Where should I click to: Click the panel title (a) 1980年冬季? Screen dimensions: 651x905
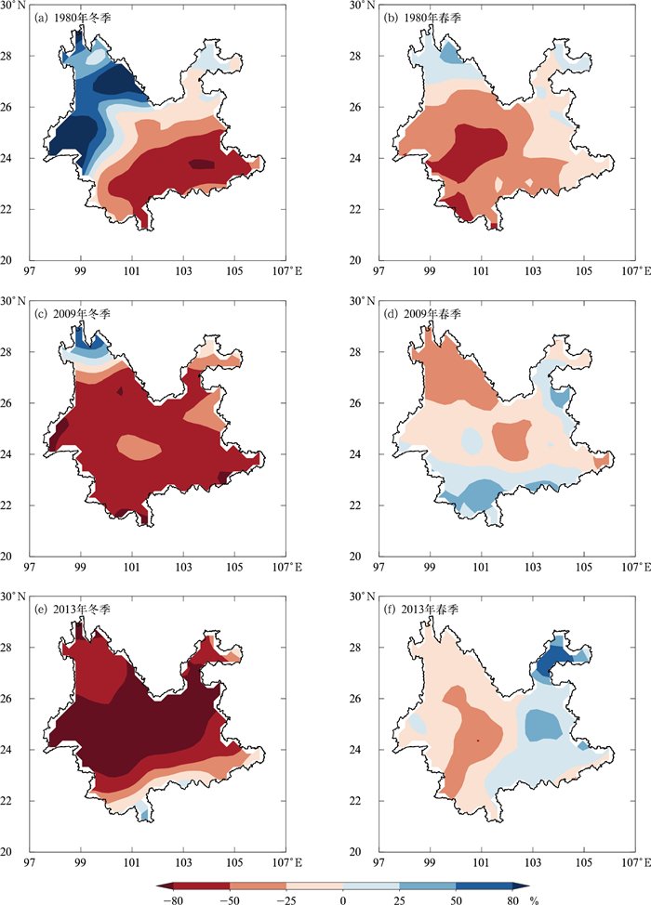point(73,18)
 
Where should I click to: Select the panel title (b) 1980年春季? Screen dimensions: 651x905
point(423,18)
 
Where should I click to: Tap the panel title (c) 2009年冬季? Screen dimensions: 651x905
point(73,313)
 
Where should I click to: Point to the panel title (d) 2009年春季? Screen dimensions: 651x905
point(423,313)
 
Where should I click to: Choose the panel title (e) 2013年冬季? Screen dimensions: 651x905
point(73,609)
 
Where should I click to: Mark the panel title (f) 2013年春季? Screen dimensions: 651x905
point(423,609)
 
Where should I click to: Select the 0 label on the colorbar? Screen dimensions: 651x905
point(342,899)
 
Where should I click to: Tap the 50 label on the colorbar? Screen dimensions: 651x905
point(456,899)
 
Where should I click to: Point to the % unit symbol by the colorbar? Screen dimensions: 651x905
point(534,899)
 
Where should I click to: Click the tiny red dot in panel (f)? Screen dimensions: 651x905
point(478,740)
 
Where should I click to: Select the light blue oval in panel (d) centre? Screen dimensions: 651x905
point(472,439)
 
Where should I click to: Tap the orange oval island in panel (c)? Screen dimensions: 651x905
point(139,447)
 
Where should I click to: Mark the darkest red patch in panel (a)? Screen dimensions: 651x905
point(203,164)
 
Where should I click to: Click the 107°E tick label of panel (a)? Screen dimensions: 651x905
point(286,270)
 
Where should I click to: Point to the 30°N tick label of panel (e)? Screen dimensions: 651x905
point(13,597)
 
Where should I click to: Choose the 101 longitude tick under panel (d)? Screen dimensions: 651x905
point(481,567)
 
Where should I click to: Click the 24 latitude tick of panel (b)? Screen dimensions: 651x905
point(355,158)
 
